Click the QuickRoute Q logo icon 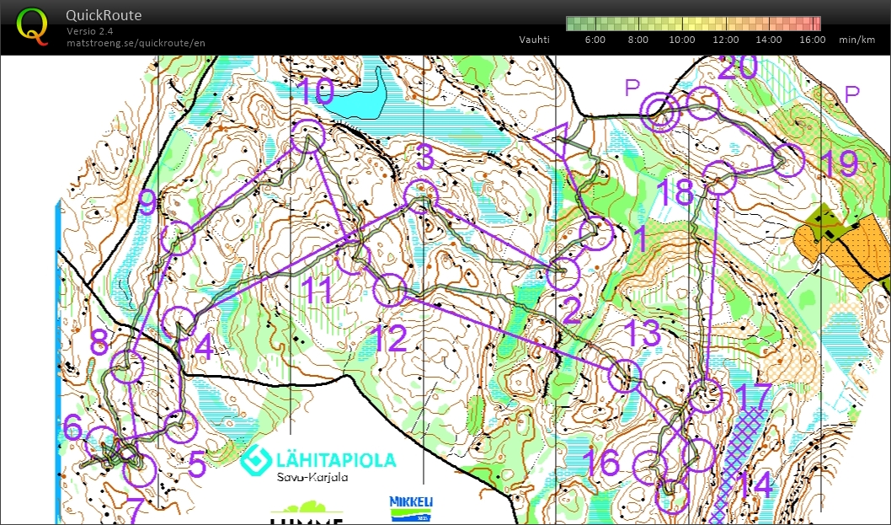tap(34, 24)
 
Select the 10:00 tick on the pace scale tap(682, 40)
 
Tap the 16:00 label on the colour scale tap(812, 40)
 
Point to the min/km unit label tap(858, 40)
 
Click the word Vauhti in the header tap(534, 40)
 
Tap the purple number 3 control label tap(425, 157)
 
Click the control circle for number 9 tap(178, 238)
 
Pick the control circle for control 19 tap(788, 160)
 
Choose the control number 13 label tap(643, 334)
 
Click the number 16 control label tap(600, 463)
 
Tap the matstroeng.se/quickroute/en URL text tap(136, 43)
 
